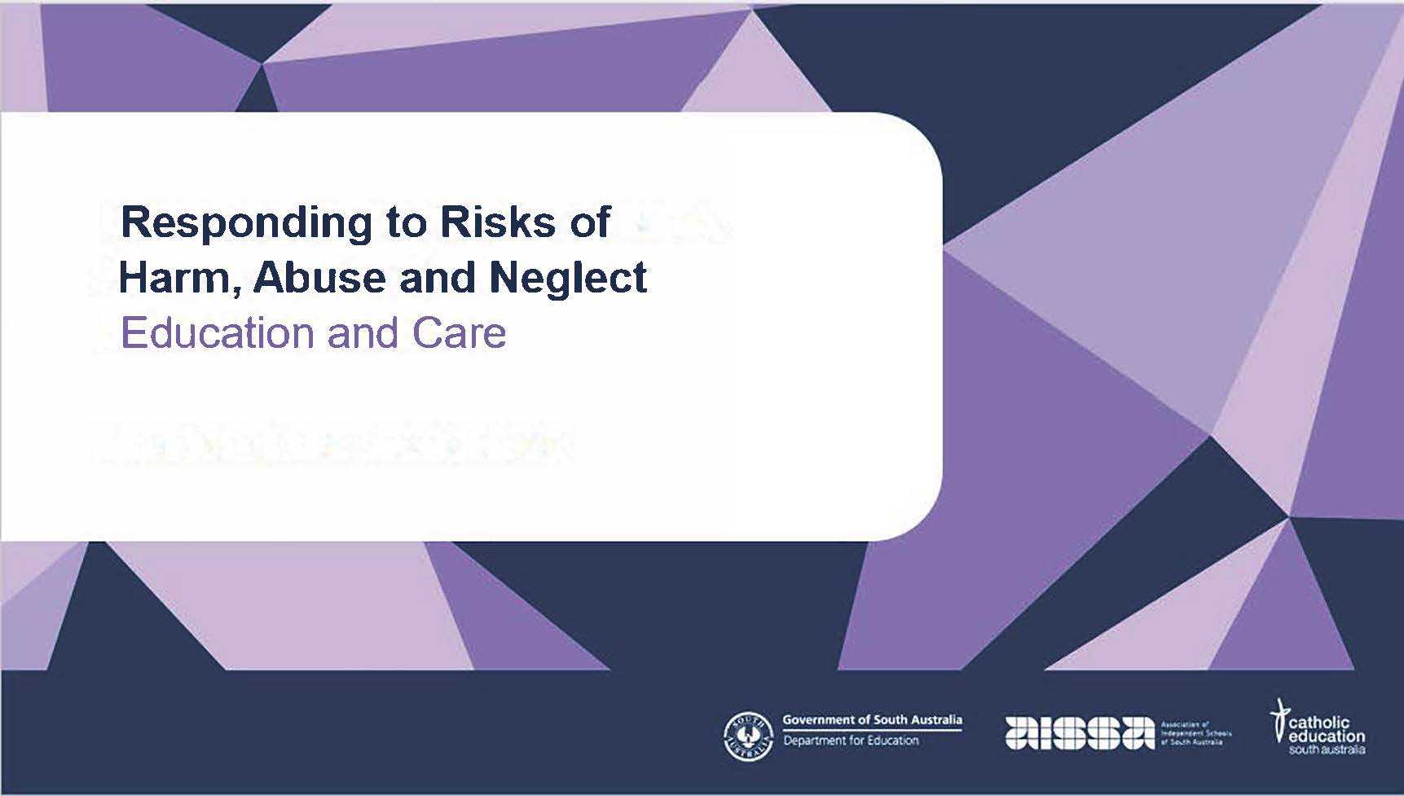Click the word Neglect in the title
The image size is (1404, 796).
[x=568, y=278]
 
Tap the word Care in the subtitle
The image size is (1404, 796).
[x=459, y=333]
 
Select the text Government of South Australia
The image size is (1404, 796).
[x=872, y=720]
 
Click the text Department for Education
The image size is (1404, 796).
[x=851, y=741]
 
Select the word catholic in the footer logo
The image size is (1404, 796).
[x=1320, y=723]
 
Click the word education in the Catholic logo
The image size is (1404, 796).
[x=1327, y=737]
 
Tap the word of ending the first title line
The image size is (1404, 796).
[x=590, y=222]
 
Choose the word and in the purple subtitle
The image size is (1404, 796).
[x=362, y=333]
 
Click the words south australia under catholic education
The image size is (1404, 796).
[x=1327, y=750]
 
